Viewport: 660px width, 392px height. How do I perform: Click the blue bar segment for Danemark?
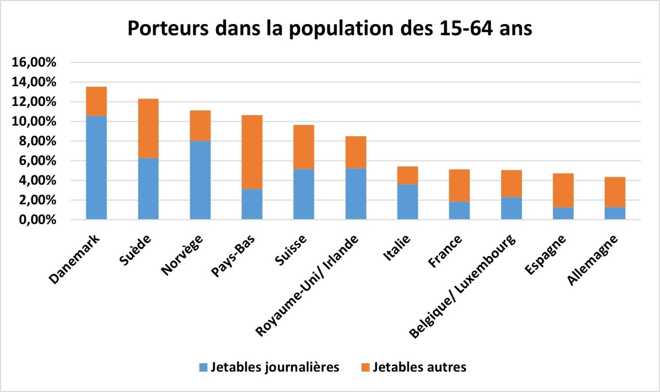point(96,167)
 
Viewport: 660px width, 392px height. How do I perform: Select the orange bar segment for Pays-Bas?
point(252,152)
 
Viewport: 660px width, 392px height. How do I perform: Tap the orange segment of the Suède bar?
point(148,128)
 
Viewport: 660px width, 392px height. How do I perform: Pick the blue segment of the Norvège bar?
point(200,180)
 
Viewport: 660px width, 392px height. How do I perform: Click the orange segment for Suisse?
point(304,147)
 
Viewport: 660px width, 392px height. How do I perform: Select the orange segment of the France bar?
point(459,185)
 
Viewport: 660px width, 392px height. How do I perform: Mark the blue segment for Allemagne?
point(615,213)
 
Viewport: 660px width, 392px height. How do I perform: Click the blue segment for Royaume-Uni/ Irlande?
point(355,194)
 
